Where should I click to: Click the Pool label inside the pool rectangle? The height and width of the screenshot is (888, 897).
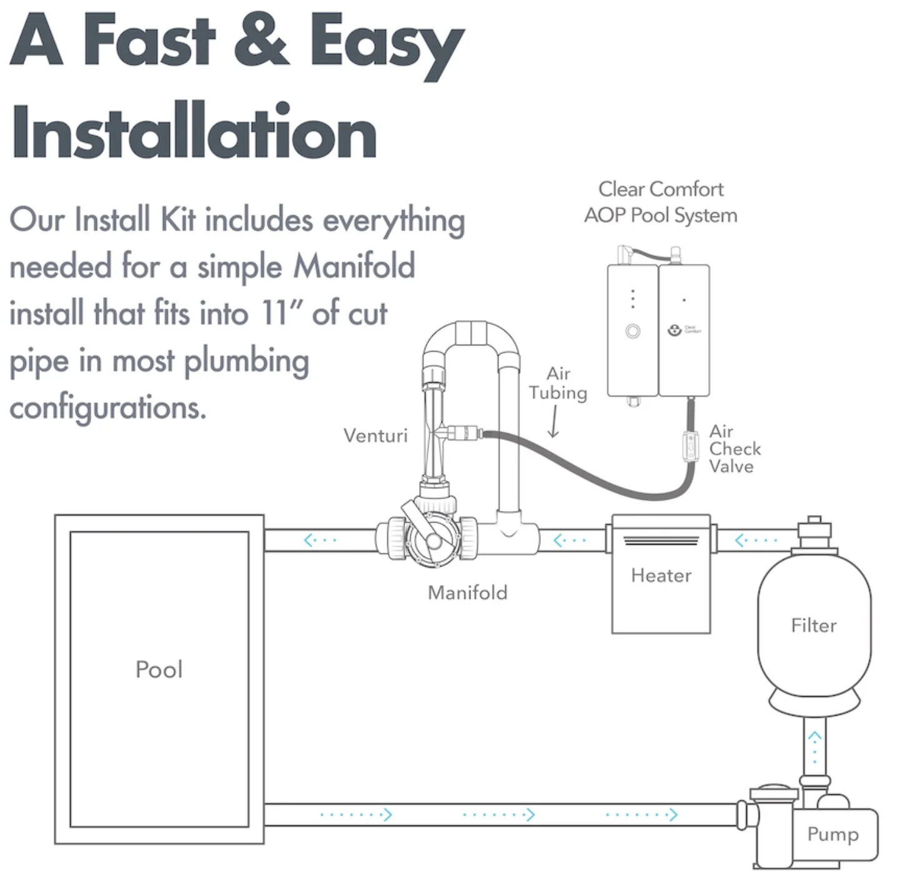(159, 669)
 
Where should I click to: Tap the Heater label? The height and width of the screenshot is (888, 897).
(661, 576)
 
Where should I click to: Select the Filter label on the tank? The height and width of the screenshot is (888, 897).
(814, 626)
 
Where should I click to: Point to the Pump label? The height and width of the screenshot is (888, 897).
(833, 835)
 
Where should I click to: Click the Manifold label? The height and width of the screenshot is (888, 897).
(467, 593)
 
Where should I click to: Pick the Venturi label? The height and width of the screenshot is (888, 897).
(375, 436)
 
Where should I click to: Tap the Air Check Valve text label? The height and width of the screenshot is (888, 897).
(735, 448)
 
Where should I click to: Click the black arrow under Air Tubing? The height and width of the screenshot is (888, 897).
(553, 421)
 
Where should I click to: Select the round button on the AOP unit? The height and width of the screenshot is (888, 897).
(632, 332)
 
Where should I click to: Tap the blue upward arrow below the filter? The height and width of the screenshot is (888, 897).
(814, 748)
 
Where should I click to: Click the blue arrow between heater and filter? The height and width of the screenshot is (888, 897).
(755, 540)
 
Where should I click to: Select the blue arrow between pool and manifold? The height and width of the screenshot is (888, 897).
(320, 540)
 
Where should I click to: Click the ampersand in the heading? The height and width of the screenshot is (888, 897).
(262, 39)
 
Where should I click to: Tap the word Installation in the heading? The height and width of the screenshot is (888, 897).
(194, 131)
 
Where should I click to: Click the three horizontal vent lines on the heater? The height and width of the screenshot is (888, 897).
(661, 541)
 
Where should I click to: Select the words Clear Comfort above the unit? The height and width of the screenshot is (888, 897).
(660, 189)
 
